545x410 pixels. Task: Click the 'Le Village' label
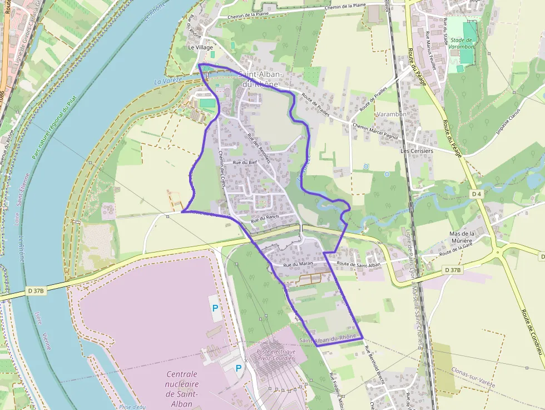[200, 48]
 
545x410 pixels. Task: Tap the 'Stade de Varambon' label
[462, 43]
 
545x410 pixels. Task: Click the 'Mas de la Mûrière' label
[461, 238]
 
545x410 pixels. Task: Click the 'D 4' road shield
[475, 194]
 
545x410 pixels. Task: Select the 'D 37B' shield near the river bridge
[36, 290]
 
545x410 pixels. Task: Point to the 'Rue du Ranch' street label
[265, 220]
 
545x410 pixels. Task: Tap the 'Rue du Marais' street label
[296, 265]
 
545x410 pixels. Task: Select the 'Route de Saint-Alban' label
[358, 264]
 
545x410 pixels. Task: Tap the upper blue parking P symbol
[215, 307]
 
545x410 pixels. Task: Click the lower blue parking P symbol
[239, 368]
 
